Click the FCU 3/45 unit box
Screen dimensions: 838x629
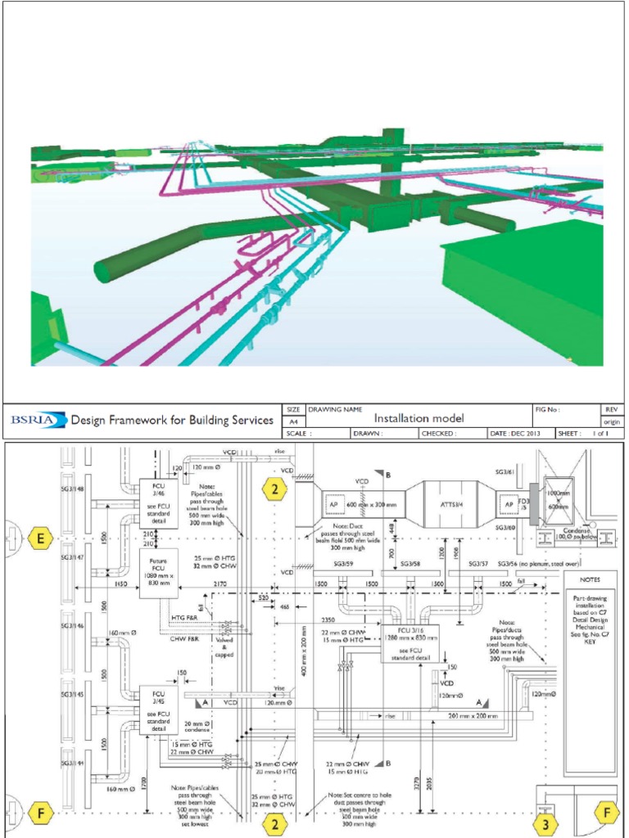159,707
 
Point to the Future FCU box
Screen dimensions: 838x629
159,573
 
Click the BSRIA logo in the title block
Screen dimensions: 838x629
35,421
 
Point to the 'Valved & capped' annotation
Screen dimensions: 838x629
227,647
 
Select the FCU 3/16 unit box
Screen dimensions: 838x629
410,642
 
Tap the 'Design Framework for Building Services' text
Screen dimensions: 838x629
172,421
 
